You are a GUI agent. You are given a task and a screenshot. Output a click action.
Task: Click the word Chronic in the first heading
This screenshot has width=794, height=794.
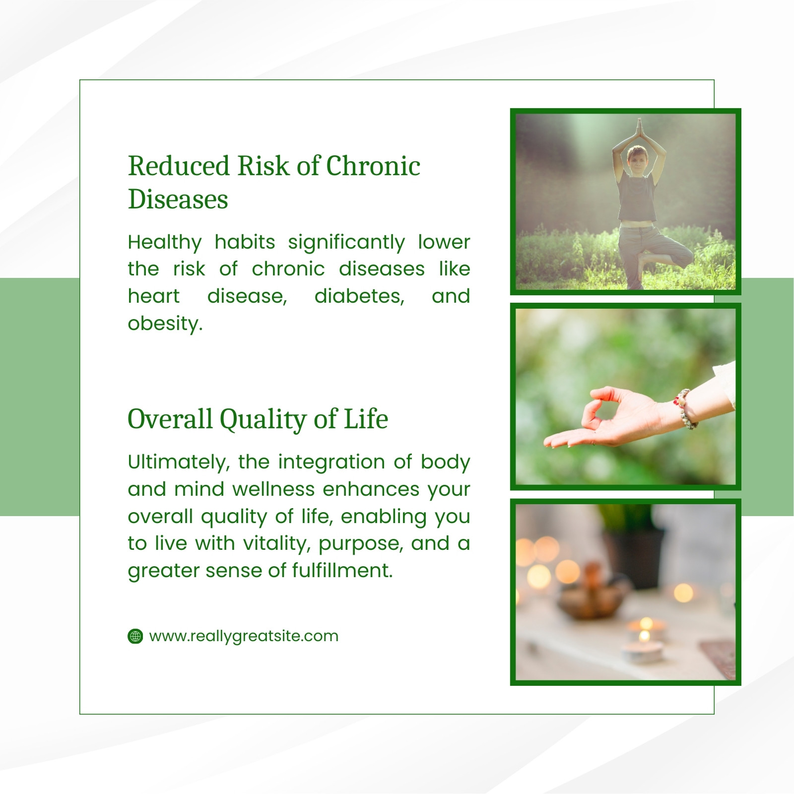373,166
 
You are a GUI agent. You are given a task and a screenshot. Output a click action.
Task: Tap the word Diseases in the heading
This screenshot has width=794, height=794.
178,199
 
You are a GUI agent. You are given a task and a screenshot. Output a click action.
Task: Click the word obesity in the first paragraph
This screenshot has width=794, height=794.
165,324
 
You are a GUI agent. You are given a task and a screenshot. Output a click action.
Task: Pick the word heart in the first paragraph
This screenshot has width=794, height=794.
154,296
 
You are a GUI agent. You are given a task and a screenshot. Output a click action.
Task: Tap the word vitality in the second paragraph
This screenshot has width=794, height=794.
277,544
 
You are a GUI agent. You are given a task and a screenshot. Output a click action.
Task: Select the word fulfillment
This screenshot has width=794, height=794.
342,570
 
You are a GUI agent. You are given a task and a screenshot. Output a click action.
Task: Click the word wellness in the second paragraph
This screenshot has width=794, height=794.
273,490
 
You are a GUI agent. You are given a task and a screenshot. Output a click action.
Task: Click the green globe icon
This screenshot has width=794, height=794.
135,636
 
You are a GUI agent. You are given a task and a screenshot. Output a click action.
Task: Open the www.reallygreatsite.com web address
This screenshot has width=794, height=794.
244,637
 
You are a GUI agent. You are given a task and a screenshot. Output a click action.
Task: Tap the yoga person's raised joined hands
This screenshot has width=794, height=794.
639,127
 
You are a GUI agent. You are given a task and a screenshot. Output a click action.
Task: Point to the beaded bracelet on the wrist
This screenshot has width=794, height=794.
686,408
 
